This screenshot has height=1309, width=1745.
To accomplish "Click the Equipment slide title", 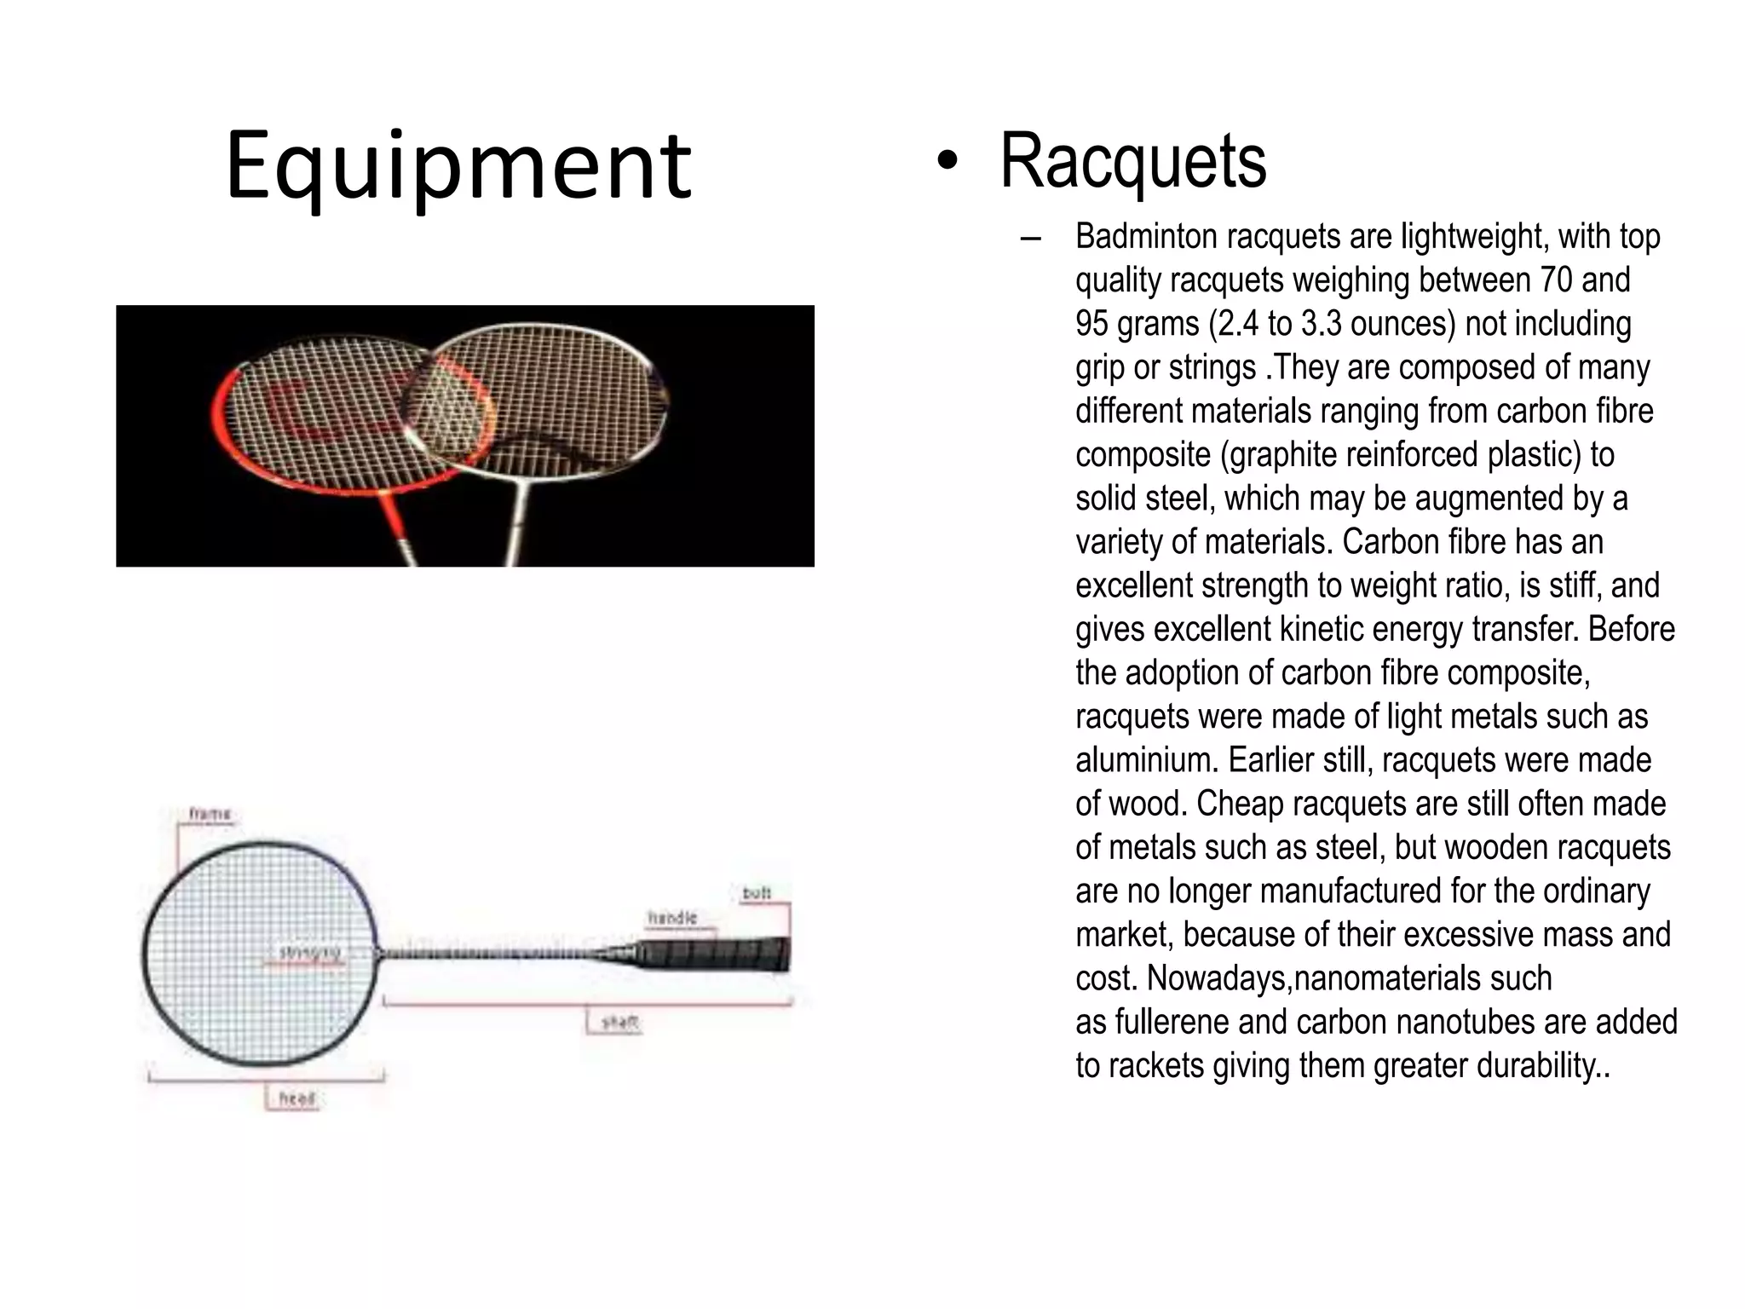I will click(458, 166).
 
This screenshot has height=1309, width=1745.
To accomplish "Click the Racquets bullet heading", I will click(1132, 161).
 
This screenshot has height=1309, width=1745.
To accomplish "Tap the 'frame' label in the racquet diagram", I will click(210, 814).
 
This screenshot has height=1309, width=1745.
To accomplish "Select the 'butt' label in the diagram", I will click(757, 893).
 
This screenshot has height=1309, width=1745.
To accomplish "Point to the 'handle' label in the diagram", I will click(672, 918).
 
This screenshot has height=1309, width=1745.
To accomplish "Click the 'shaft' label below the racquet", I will click(619, 1022).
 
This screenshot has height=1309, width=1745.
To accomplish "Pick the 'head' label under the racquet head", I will click(297, 1098).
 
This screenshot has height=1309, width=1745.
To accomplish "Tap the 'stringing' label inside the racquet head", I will click(311, 953).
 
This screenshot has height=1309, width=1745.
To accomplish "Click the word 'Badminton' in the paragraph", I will click(1146, 237).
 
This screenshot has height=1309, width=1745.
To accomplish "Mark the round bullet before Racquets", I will click(947, 162).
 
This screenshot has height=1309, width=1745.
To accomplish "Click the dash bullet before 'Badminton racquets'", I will click(1030, 239).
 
